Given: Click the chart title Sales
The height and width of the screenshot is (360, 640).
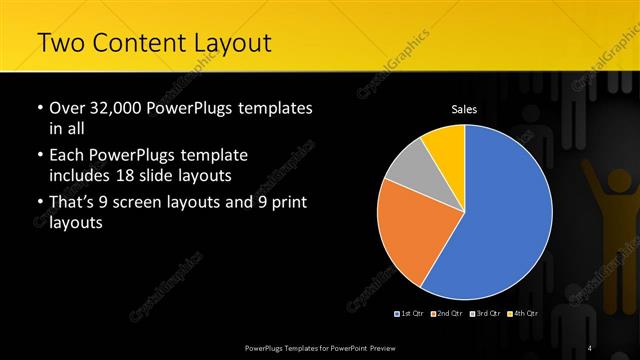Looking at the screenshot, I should pyautogui.click(x=463, y=109).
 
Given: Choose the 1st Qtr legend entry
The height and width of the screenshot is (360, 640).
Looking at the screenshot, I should pyautogui.click(x=411, y=314).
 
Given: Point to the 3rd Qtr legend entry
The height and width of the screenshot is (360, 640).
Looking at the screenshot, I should pyautogui.click(x=486, y=314).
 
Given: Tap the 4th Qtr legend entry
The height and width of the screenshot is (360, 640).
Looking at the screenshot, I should pyautogui.click(x=524, y=314).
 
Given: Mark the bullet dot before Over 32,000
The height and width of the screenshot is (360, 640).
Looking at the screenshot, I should pyautogui.click(x=39, y=108).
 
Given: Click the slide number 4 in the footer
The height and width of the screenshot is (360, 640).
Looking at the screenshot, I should pyautogui.click(x=589, y=347).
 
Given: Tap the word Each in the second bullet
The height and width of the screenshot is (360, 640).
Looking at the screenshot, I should pyautogui.click(x=67, y=156).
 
